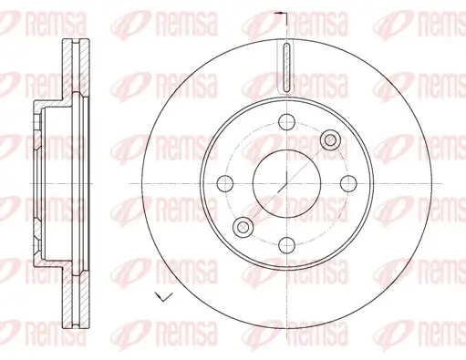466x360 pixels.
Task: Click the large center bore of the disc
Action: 285,182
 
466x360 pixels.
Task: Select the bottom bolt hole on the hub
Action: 285,243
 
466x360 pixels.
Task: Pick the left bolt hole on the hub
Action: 224,182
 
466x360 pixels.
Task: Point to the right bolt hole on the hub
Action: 347,182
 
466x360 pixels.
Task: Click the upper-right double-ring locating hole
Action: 329,139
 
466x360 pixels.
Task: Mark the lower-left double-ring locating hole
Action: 242,226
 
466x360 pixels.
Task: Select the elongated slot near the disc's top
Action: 285,68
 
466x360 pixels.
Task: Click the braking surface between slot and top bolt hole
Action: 285,102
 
